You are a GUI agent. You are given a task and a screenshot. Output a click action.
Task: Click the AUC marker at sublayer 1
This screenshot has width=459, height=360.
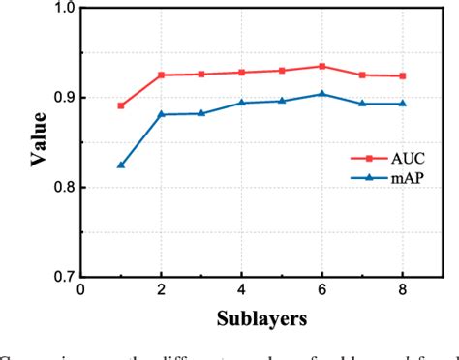coord(121,105)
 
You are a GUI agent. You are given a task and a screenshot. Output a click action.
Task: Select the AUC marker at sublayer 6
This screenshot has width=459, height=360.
coord(322,66)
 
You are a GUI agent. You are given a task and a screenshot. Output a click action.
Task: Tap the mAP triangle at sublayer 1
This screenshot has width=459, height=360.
coord(121,165)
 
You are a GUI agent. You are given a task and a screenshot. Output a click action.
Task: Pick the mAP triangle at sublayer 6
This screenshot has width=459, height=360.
coord(322,94)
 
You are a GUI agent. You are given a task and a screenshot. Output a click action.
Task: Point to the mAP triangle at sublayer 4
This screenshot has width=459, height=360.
coord(242,103)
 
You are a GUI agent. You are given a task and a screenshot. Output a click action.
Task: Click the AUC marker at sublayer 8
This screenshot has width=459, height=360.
coord(403,75)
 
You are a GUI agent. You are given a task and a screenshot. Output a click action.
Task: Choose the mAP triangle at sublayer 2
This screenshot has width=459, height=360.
coord(162,114)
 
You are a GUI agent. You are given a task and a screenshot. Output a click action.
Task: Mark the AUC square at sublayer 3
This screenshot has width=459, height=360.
coord(201,74)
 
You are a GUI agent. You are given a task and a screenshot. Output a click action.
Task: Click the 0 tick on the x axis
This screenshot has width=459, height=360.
coord(81,291)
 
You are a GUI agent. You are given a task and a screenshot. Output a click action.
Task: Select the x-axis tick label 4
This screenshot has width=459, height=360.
coord(242,291)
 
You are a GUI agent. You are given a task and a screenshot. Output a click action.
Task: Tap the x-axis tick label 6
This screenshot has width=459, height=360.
coord(322,291)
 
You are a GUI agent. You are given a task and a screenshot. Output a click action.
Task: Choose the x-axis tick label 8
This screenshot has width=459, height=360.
coord(403,291)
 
